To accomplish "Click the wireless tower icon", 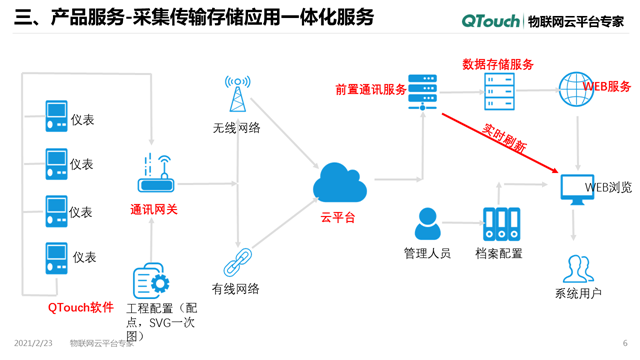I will point(237,95).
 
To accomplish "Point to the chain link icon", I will point(236,262).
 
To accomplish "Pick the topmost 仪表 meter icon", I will point(56,117).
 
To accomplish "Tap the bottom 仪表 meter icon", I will point(56,257).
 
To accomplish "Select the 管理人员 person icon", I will point(428,224).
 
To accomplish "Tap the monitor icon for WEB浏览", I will point(578,188).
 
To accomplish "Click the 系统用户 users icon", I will point(578,269).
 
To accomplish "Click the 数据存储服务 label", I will point(498,63).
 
